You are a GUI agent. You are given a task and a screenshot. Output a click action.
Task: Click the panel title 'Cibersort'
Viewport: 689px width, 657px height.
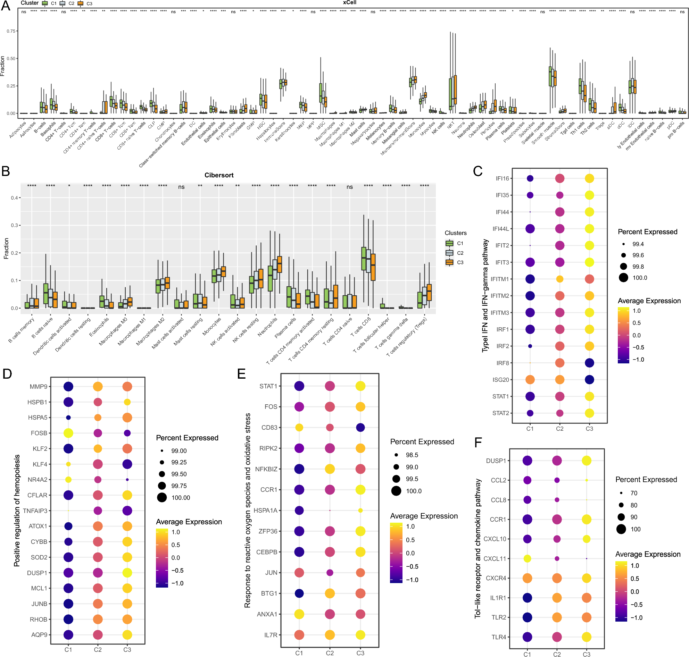pos(219,175)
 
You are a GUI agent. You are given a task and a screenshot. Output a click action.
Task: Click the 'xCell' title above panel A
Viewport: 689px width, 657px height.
pos(349,3)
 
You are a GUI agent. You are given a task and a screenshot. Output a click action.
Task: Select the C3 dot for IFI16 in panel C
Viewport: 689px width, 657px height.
pos(589,178)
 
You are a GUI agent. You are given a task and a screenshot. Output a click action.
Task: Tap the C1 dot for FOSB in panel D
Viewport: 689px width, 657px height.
pos(68,433)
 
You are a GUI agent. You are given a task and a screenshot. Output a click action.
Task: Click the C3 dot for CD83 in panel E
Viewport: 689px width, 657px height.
pos(360,427)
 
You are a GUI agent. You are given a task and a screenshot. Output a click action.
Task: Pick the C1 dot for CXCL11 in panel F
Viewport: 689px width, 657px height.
pos(527,558)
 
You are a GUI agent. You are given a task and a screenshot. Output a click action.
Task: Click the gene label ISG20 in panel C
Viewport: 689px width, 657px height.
pos(500,380)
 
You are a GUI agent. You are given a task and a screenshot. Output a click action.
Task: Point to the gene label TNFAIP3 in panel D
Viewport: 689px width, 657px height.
pos(35,511)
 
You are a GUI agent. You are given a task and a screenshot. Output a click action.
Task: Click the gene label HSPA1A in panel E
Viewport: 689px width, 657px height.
pos(265,510)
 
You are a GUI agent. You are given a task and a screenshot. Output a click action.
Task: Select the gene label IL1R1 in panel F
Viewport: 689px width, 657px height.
pos(498,598)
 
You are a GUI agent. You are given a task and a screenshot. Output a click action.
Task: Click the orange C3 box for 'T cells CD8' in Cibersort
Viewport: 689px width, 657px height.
pos(373,267)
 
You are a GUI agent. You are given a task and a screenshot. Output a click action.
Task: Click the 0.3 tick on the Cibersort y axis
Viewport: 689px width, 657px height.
pos(14,225)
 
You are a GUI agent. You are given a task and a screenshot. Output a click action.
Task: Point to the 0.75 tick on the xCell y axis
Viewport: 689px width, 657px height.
pos(11,31)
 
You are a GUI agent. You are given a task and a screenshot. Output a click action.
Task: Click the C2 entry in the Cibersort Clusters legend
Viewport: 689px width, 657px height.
pos(455,253)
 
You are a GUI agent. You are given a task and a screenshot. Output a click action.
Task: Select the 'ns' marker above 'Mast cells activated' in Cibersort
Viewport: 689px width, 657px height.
pos(181,187)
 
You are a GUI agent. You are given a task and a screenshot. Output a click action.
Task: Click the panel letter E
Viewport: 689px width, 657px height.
pos(241,374)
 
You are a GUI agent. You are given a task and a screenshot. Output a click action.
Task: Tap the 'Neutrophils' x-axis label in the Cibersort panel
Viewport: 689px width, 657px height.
pos(267,326)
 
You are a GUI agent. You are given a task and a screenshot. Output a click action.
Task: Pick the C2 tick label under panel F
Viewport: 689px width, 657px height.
pos(557,654)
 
